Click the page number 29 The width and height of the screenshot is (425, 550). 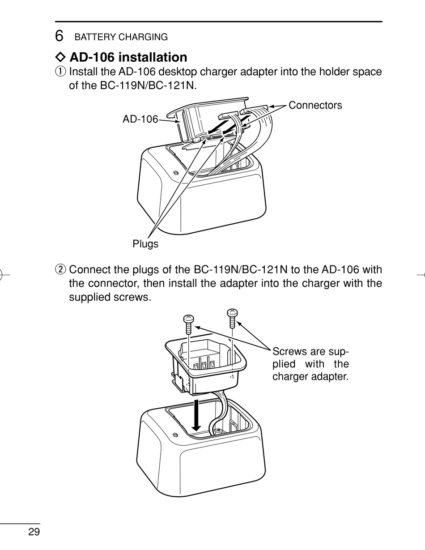(x=34, y=532)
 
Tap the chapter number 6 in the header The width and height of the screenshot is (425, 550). (x=59, y=36)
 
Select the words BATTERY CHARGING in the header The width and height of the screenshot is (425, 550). (x=121, y=37)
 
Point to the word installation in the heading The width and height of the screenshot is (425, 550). (x=153, y=57)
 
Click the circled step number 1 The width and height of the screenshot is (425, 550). (x=60, y=72)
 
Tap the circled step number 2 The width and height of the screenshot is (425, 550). (x=60, y=270)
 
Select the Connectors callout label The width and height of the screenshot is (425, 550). (x=315, y=105)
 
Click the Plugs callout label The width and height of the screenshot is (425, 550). (x=145, y=244)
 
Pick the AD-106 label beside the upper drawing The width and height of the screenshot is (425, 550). (x=140, y=119)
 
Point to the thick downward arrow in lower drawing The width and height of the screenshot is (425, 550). (x=195, y=414)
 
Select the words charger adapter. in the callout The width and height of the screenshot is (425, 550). (x=310, y=376)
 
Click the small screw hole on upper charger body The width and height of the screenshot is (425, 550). (x=175, y=173)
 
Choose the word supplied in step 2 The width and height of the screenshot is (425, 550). (x=87, y=296)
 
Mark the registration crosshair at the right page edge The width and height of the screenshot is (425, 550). (x=421, y=275)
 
